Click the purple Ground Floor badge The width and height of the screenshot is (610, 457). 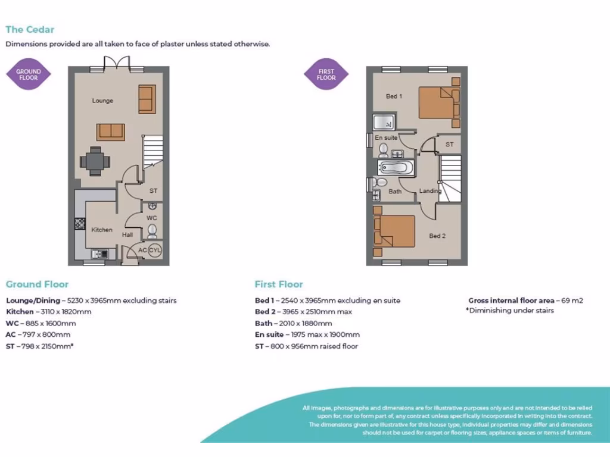28,74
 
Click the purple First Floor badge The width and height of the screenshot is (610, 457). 326,74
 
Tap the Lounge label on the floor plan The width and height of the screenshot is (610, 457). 102,101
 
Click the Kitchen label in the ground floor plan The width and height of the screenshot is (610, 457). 101,230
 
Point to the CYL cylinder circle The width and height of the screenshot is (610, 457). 155,251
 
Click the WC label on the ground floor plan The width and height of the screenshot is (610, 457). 152,218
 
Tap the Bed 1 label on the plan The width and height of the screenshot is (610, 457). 394,96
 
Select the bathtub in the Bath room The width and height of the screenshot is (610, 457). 394,167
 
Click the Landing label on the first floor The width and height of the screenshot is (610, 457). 430,191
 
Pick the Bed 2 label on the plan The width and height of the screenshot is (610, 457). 437,236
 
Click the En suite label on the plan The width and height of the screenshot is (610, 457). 386,138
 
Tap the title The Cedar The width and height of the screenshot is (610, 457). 30,29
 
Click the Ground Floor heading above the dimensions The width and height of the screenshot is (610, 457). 37,284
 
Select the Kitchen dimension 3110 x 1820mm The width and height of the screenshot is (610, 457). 49,312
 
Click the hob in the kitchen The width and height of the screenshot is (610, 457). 80,224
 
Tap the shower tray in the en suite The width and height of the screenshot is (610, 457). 385,123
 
